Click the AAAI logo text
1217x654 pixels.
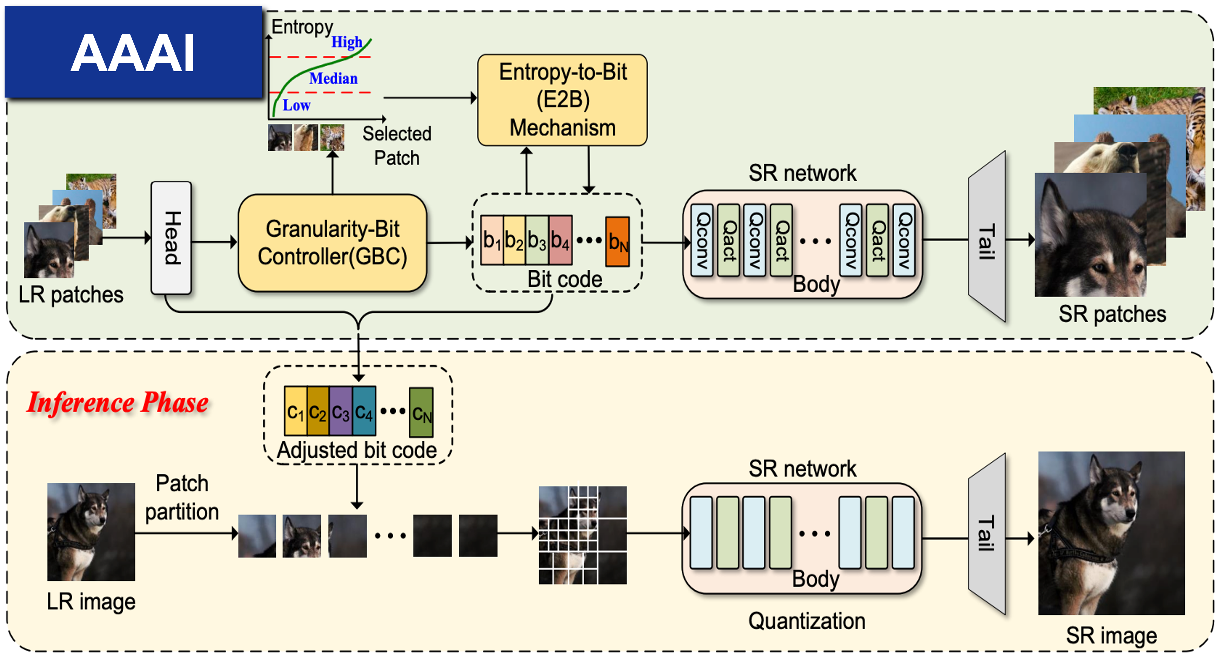pyautogui.click(x=133, y=53)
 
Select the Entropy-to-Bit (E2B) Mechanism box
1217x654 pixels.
pyautogui.click(x=562, y=100)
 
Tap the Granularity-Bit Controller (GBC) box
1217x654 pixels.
pyautogui.click(x=332, y=243)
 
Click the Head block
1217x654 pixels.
pyautogui.click(x=171, y=237)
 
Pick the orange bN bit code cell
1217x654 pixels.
pyautogui.click(x=617, y=242)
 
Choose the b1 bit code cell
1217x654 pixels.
pyautogui.click(x=492, y=240)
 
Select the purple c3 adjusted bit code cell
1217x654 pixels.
pyautogui.click(x=341, y=411)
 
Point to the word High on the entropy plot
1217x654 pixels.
pyautogui.click(x=346, y=42)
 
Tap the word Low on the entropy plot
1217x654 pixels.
pyautogui.click(x=296, y=105)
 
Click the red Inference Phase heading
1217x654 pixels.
pyautogui.click(x=118, y=403)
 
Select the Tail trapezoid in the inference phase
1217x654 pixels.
pyautogui.click(x=987, y=534)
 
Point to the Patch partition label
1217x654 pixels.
pyautogui.click(x=182, y=498)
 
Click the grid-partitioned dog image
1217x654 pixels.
pyautogui.click(x=582, y=535)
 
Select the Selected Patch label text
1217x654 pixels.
pyautogui.click(x=397, y=146)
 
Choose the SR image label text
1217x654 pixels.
pyautogui.click(x=1111, y=635)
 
